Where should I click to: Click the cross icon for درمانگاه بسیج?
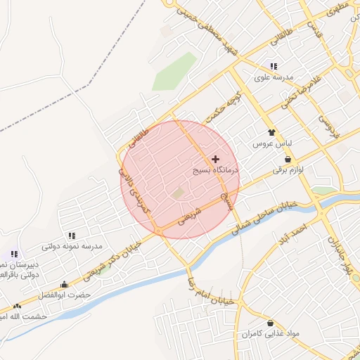click(215, 160)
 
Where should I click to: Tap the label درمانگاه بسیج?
click(216, 171)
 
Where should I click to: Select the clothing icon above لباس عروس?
click(271, 132)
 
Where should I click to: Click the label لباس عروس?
click(272, 143)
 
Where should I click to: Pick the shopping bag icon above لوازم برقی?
click(289, 159)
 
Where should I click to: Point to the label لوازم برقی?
click(289, 170)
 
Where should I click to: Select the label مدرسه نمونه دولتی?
click(72, 247)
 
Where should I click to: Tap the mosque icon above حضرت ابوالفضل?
click(65, 284)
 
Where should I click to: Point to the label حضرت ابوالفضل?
click(65, 295)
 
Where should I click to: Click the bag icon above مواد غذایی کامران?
click(270, 323)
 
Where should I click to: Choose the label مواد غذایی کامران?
click(271, 333)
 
